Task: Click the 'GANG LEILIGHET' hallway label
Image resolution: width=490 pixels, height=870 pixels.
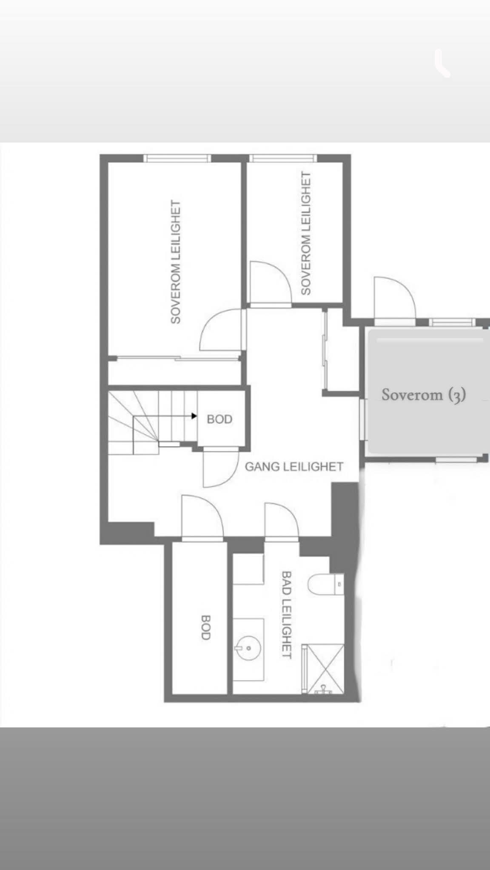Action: coord(294,467)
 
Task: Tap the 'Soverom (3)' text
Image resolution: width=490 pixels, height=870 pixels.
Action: coord(424,395)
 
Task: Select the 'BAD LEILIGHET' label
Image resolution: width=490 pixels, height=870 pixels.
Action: coord(287,615)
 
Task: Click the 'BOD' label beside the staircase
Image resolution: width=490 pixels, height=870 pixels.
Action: coord(219,419)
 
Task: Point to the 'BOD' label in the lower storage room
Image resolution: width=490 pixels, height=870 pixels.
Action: coord(205,627)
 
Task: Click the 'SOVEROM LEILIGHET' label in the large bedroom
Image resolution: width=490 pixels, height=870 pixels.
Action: coord(176,262)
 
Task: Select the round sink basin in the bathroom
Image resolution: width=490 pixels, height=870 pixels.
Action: coord(248,648)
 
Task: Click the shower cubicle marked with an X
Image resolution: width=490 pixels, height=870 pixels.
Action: coord(325,669)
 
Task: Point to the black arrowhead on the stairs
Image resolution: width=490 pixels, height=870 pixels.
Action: coord(194,416)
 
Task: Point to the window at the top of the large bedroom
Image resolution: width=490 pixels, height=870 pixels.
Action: coord(177,158)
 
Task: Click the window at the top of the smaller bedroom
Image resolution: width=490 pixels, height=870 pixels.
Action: coord(283,158)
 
